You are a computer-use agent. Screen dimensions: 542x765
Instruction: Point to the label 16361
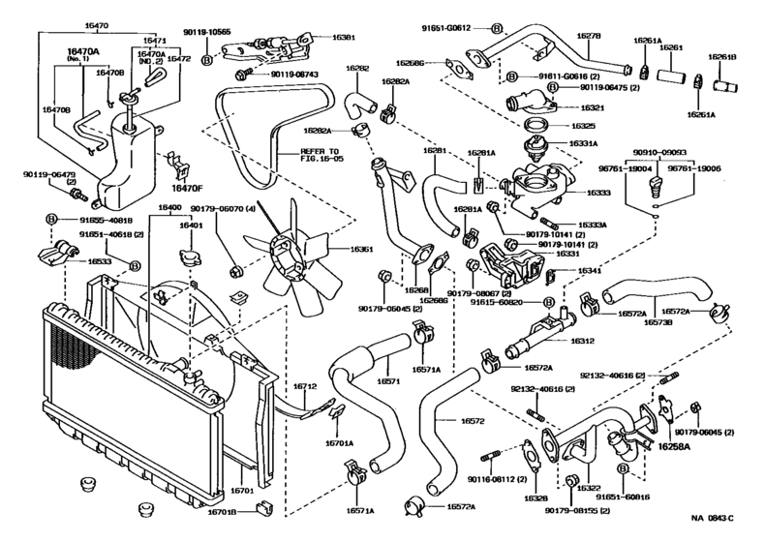(x=360, y=249)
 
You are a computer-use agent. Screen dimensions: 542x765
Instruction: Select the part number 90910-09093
(x=662, y=152)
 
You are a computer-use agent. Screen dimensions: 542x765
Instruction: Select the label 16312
(x=582, y=341)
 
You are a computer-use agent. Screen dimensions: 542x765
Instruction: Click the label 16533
(x=100, y=261)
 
